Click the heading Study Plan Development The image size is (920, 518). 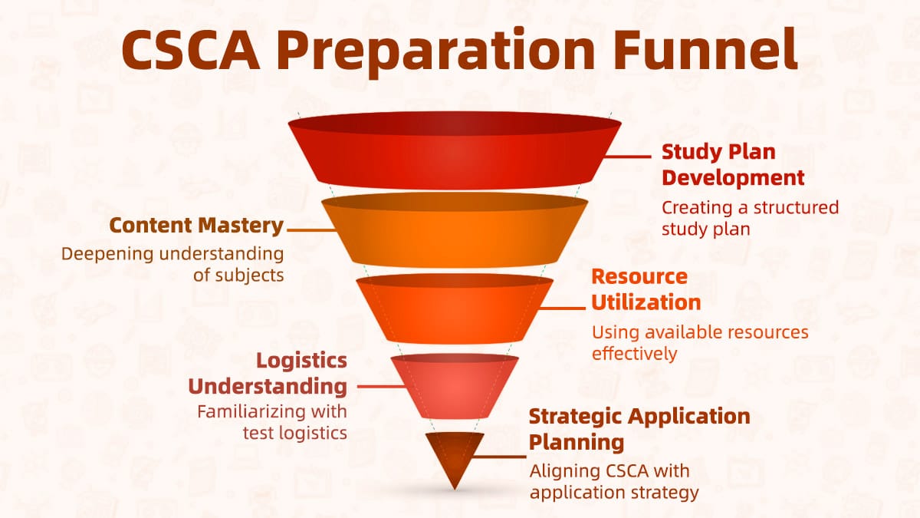[x=733, y=164]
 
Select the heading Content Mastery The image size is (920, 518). [x=196, y=226]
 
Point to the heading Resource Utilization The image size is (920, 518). [x=646, y=289]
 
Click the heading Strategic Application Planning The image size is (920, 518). [x=639, y=429]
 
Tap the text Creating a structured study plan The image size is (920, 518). [x=750, y=217]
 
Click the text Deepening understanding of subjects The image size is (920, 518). [x=172, y=263]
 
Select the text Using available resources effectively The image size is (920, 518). [x=699, y=343]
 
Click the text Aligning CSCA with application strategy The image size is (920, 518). [x=613, y=481]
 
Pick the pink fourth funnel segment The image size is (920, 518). [x=455, y=388]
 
